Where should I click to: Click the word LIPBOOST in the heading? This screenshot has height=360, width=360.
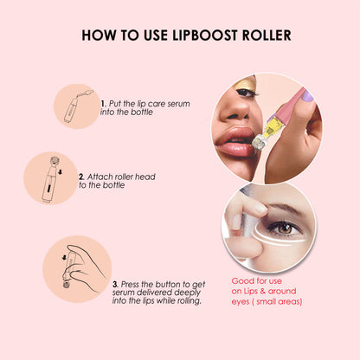(202, 36)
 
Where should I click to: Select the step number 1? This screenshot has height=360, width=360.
(103, 102)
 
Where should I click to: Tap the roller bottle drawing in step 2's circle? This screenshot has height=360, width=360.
(50, 177)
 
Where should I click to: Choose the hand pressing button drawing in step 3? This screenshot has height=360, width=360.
(72, 269)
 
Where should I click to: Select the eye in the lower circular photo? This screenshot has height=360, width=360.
(282, 227)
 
